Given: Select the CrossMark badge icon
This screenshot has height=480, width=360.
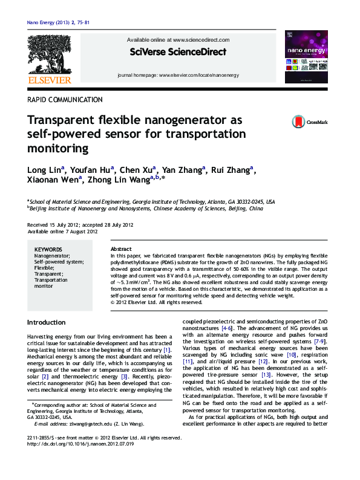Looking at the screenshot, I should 298,122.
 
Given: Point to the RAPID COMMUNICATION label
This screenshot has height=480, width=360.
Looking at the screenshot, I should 65,100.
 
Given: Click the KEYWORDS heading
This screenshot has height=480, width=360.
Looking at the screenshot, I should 48,249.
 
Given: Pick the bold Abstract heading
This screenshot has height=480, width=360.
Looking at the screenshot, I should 122,249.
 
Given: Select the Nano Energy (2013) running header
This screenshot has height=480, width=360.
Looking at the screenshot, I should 59,22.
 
